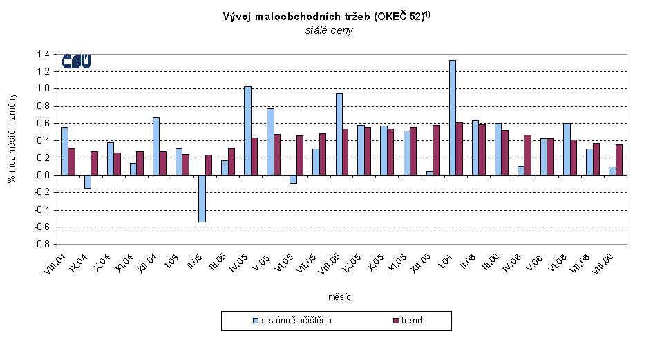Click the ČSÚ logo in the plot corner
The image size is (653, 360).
(76, 61)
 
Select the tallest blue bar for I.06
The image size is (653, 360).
(453, 117)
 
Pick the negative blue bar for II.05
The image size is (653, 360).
(202, 198)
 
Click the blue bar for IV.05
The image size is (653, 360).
(247, 131)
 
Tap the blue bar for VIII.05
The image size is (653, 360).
(339, 134)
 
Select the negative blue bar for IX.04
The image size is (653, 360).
(88, 181)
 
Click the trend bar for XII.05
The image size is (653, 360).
(437, 150)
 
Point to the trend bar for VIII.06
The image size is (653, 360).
(619, 160)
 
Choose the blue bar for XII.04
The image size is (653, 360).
(156, 146)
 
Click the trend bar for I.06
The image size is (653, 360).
(460, 149)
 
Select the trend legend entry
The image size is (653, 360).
(409, 321)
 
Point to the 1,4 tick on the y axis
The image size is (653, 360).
(43, 55)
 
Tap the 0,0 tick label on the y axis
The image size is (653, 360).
(43, 176)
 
